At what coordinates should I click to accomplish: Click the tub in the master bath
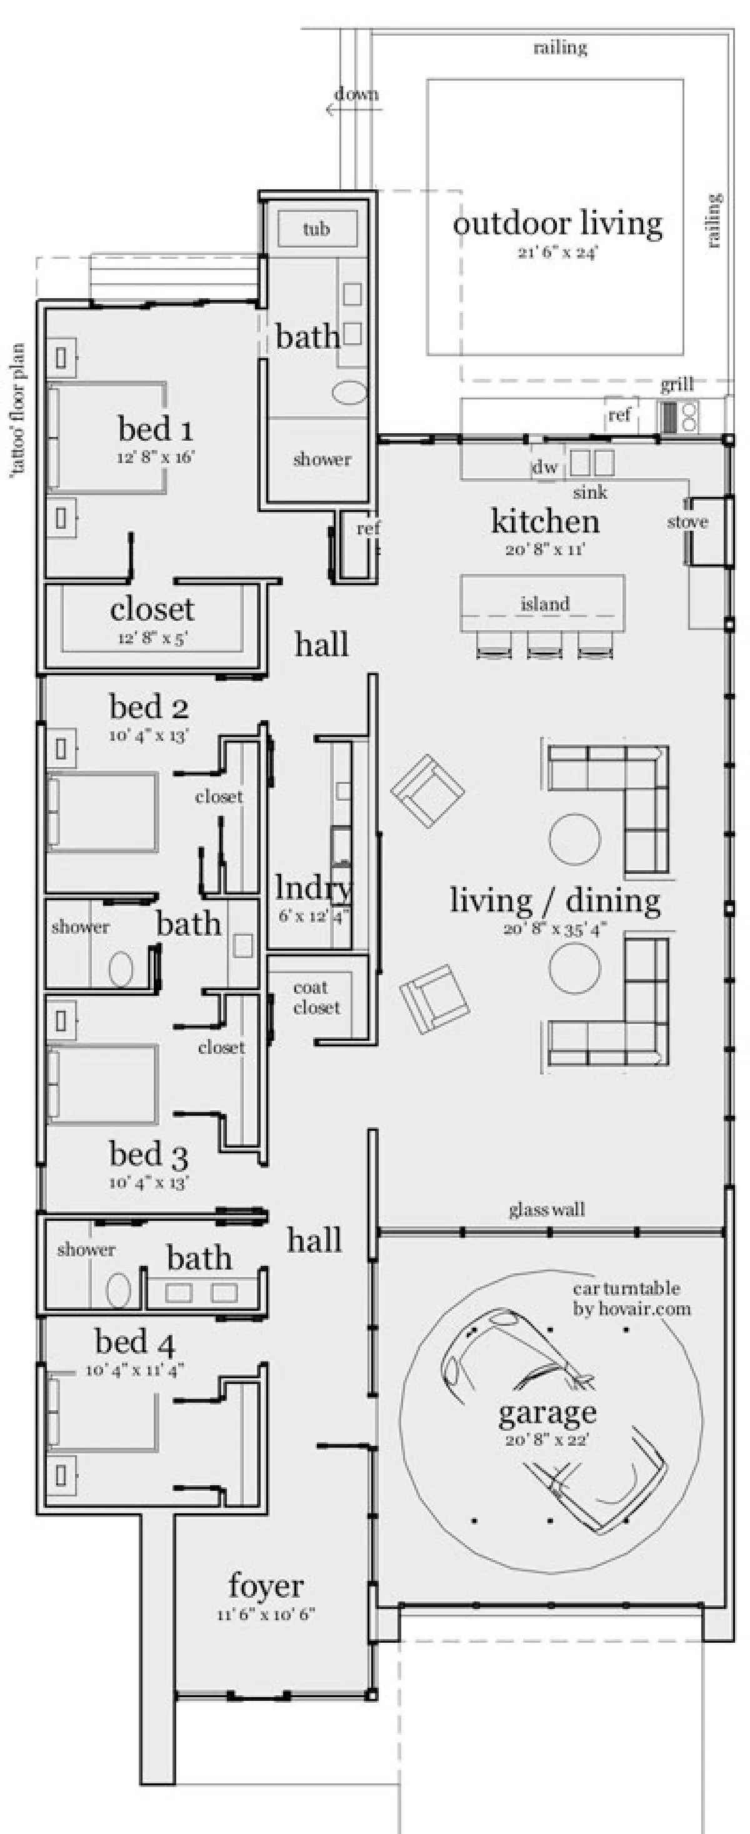[317, 229]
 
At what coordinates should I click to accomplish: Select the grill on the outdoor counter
[679, 416]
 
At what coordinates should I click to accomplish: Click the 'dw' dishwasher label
[545, 467]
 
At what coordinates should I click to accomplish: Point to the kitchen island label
[545, 604]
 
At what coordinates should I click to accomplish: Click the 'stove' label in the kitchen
[687, 522]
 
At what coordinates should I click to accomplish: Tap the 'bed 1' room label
[155, 429]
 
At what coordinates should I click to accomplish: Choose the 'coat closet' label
[317, 997]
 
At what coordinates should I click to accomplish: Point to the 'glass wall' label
[546, 1209]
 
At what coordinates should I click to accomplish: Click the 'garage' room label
[546, 1412]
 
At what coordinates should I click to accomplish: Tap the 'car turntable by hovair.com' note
[632, 1298]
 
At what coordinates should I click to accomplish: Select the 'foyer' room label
[266, 1585]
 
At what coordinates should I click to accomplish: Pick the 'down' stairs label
[356, 94]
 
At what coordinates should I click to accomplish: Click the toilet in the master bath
[349, 393]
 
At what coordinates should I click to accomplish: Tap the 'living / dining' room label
[555, 900]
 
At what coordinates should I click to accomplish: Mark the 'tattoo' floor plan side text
[17, 410]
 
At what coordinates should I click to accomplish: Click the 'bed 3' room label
[149, 1153]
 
